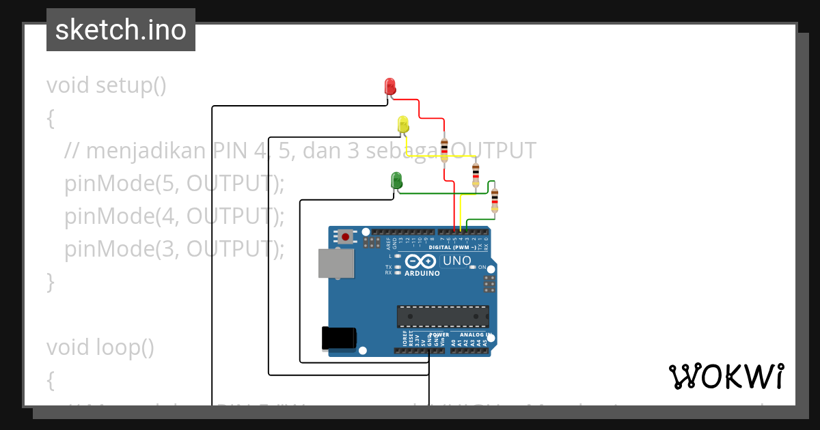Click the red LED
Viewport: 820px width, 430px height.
[390, 87]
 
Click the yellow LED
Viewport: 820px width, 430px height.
[403, 125]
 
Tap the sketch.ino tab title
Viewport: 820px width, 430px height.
[121, 30]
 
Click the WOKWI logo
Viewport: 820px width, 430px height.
[726, 376]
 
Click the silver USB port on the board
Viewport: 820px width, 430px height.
[336, 263]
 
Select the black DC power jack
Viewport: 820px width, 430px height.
[339, 338]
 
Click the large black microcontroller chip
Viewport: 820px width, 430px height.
[443, 317]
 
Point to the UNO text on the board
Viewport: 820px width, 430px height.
[456, 261]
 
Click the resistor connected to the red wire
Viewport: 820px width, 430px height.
[445, 147]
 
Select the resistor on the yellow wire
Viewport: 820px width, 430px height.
[476, 175]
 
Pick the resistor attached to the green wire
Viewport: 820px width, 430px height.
[495, 201]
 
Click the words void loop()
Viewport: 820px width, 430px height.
[100, 347]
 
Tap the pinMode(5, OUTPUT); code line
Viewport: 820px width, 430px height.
[174, 184]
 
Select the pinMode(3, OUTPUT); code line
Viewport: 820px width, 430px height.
[174, 249]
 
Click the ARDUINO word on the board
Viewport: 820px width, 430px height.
[422, 273]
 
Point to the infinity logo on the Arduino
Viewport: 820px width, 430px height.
[420, 261]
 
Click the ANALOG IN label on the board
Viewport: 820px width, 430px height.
[476, 335]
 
